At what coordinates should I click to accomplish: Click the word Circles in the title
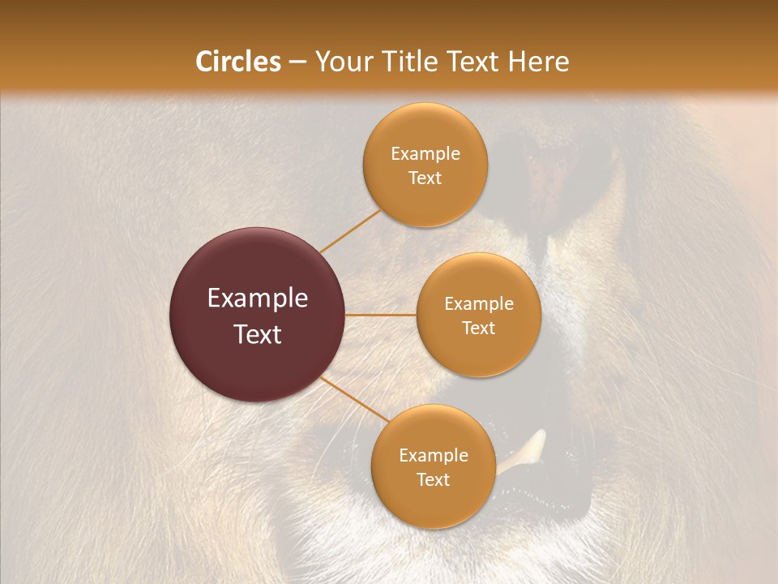(237, 62)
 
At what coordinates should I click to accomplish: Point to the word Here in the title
(538, 62)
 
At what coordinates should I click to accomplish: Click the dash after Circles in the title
(297, 62)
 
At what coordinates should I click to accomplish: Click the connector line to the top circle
(351, 230)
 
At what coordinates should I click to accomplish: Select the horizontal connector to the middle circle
(381, 315)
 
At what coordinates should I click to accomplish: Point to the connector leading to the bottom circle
(354, 400)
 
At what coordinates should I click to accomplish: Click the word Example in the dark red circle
(257, 298)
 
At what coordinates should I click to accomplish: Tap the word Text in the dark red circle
(257, 334)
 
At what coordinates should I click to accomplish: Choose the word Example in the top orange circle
(425, 154)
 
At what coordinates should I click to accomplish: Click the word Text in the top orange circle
(425, 178)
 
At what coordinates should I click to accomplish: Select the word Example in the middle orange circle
(478, 304)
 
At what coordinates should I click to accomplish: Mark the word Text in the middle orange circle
(478, 328)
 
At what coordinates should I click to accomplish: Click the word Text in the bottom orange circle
(433, 480)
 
